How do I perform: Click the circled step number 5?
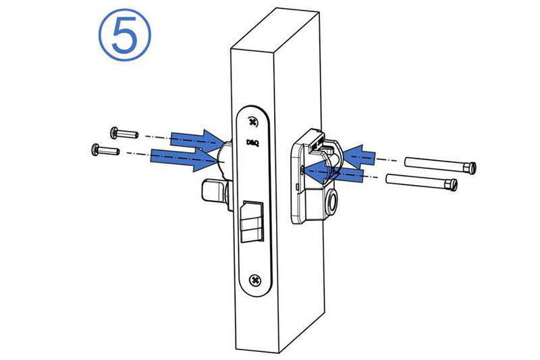point(125,35)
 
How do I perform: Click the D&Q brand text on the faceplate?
point(252,143)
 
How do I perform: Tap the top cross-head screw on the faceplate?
point(252,122)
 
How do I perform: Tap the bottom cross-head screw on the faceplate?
point(255,280)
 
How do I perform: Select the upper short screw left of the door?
point(124,133)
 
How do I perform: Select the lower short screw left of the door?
point(105,150)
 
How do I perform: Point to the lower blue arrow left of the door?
point(185,159)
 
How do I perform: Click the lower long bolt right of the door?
point(422,182)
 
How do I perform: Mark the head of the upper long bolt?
point(470,168)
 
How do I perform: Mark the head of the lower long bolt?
point(451,185)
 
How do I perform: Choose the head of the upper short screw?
point(114,132)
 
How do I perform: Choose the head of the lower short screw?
point(95,149)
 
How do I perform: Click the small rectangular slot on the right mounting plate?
point(297,186)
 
